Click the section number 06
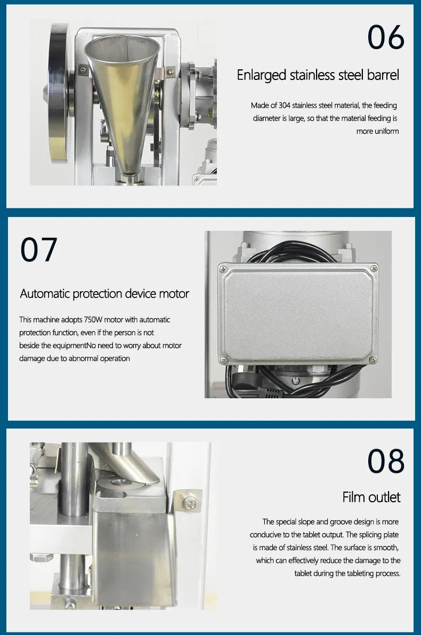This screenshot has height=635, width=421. point(385,37)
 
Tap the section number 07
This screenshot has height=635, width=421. point(38,250)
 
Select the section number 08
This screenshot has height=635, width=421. point(385,461)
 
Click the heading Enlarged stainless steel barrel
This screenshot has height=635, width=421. point(318,75)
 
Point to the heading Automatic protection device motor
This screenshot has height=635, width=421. point(104,294)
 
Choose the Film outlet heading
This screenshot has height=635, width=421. point(371,497)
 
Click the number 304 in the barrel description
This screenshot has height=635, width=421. point(284,105)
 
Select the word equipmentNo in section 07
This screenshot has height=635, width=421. point(77,345)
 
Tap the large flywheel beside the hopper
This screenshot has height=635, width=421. point(58,93)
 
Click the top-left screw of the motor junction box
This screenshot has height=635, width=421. point(223,269)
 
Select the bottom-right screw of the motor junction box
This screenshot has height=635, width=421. point(373,359)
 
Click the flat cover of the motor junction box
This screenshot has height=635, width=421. point(298,314)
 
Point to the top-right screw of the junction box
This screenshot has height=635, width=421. point(375,268)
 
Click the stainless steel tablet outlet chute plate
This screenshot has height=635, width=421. point(134,555)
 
